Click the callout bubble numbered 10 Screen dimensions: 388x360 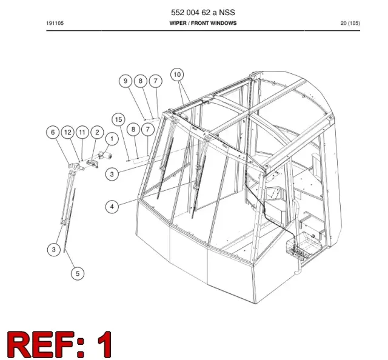177,75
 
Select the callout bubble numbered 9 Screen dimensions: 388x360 125,81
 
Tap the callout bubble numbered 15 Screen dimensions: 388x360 118,120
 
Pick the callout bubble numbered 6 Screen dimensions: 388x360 53,132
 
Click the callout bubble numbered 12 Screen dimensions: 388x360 68,132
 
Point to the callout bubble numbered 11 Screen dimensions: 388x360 82,132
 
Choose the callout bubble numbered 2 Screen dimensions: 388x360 97,132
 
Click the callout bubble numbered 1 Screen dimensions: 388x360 112,139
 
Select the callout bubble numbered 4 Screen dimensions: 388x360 112,207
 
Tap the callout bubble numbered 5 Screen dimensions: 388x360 78,274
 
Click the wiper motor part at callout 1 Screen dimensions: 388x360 105,155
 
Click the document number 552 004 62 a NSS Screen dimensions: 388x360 203,12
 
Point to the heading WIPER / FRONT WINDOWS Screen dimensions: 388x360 203,23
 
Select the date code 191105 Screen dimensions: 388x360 55,23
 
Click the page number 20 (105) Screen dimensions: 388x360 350,23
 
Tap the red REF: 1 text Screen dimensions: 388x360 59,344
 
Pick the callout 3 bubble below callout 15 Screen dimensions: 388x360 112,174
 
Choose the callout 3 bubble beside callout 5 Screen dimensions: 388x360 54,250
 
